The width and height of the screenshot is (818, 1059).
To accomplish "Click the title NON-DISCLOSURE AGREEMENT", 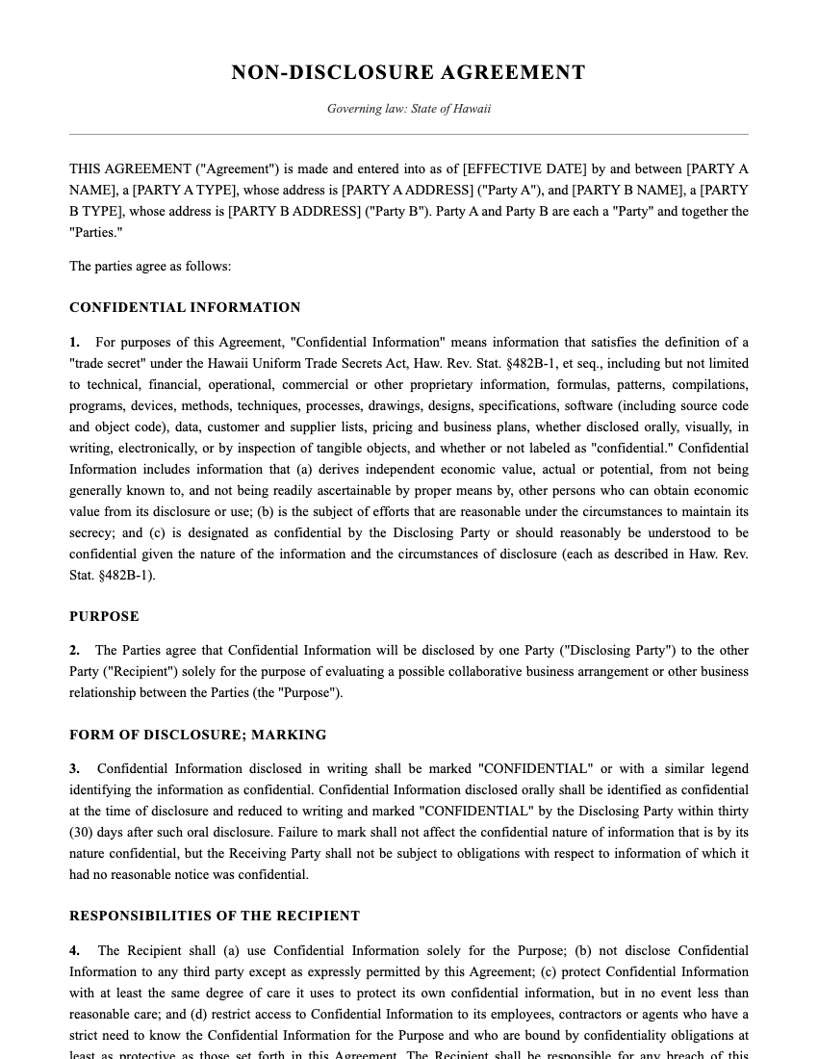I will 408,73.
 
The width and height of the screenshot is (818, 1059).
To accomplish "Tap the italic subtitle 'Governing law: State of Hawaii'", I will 408,109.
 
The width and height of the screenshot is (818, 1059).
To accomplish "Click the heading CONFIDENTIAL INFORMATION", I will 185,308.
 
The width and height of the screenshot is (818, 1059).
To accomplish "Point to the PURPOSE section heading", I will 104,616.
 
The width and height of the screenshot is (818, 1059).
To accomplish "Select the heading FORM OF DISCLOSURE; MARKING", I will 197,735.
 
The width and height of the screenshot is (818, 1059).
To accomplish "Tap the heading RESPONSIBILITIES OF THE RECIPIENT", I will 215,916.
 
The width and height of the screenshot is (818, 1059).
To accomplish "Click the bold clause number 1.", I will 74,343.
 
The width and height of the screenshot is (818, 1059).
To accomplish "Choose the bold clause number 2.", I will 74,651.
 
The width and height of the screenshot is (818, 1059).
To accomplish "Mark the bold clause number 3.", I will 74,769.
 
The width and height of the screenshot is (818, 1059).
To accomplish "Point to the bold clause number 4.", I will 74,951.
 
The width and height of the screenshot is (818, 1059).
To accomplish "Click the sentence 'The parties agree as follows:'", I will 150,267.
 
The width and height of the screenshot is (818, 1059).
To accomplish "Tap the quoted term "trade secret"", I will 107,364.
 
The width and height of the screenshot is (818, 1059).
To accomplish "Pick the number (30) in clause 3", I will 82,833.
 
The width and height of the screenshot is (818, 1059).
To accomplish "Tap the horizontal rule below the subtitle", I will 408,134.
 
